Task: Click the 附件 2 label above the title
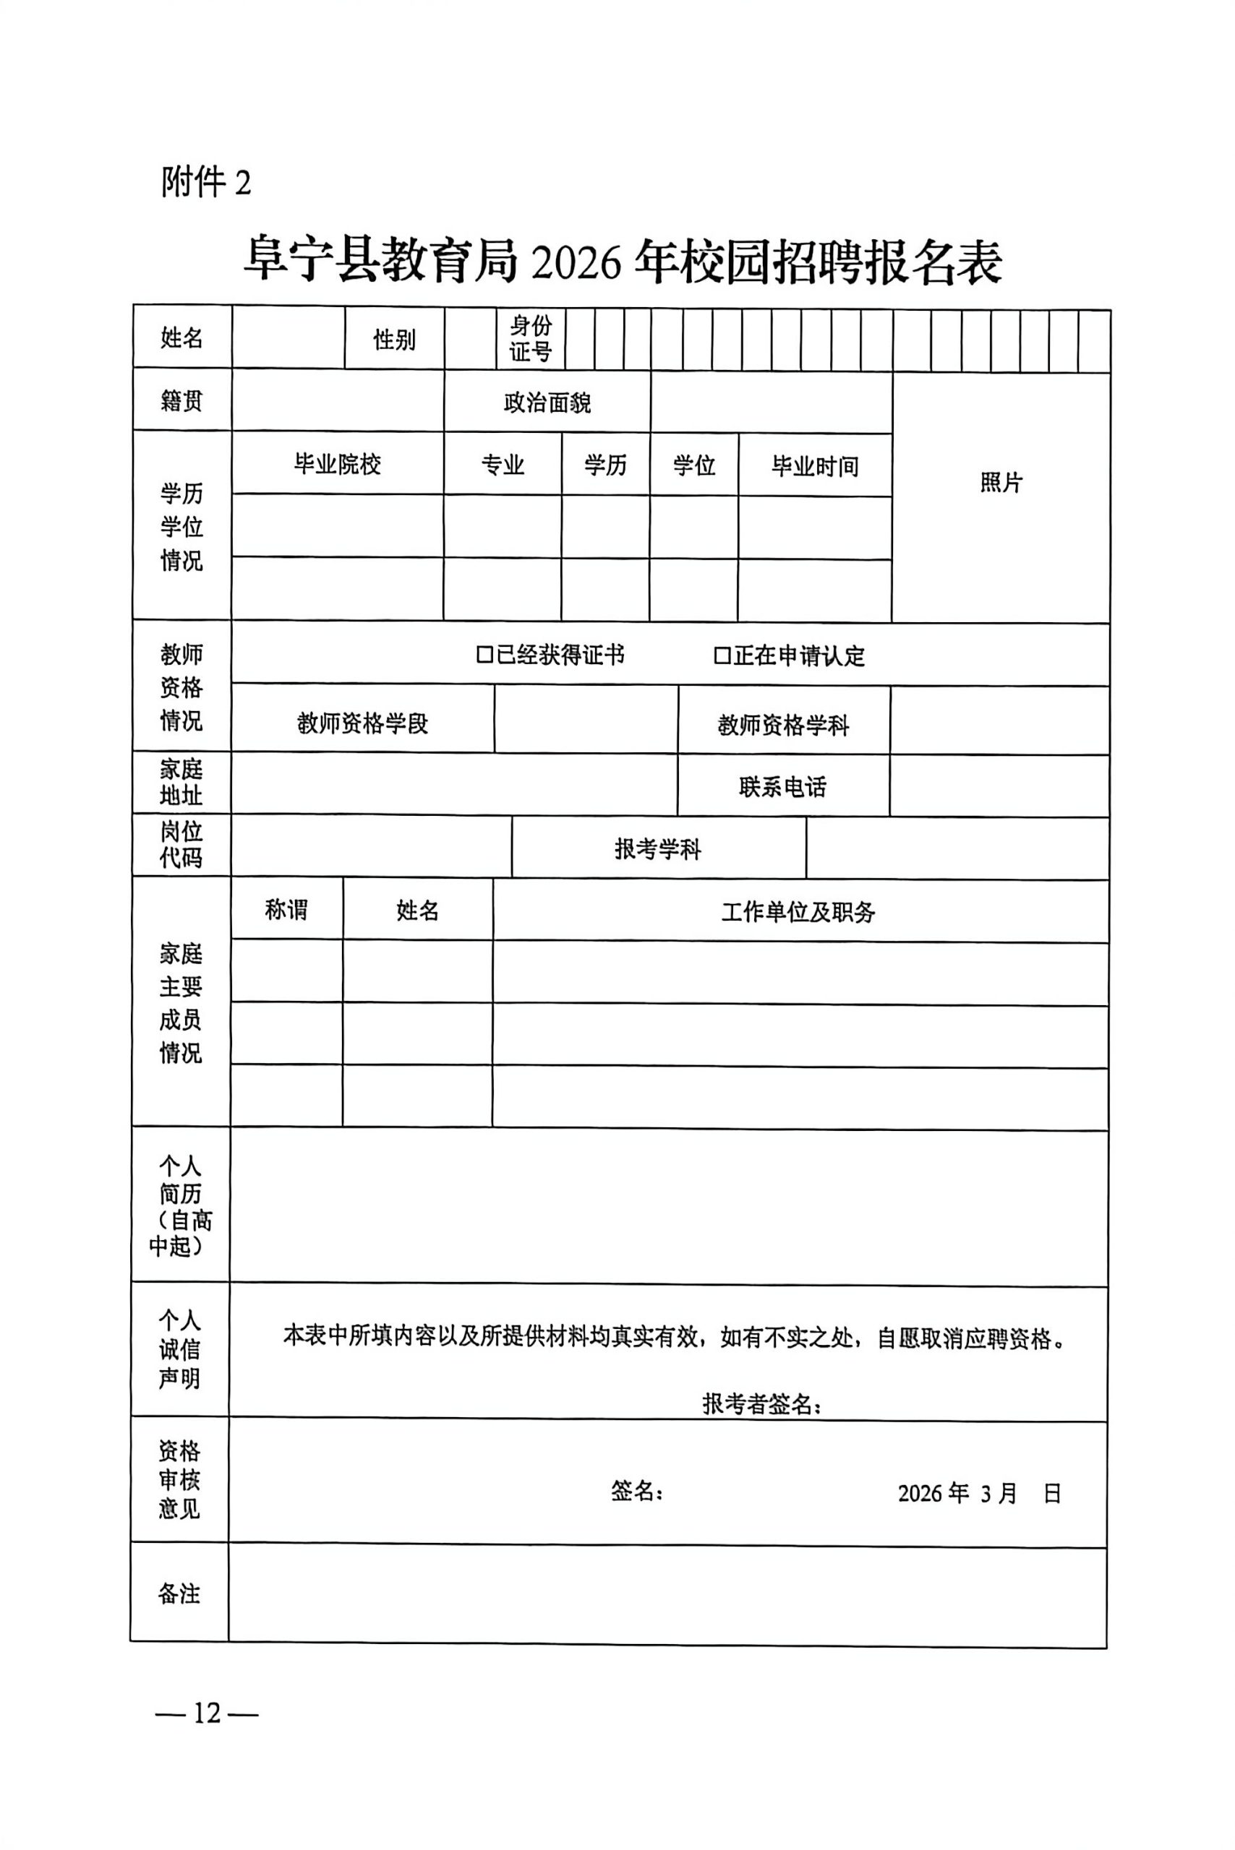(206, 183)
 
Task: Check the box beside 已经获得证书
(484, 655)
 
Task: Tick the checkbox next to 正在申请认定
(722, 655)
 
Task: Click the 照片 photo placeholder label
(1000, 483)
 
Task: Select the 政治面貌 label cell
(547, 403)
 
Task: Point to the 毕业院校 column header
(337, 465)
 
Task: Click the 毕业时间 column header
(814, 467)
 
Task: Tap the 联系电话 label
(782, 786)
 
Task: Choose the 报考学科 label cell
(658, 848)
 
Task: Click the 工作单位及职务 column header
(798, 911)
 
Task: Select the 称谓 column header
(286, 910)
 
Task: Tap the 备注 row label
(179, 1594)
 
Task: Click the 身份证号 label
(530, 338)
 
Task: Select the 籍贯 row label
(182, 400)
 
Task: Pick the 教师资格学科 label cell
(783, 725)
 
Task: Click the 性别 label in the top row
(394, 340)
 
